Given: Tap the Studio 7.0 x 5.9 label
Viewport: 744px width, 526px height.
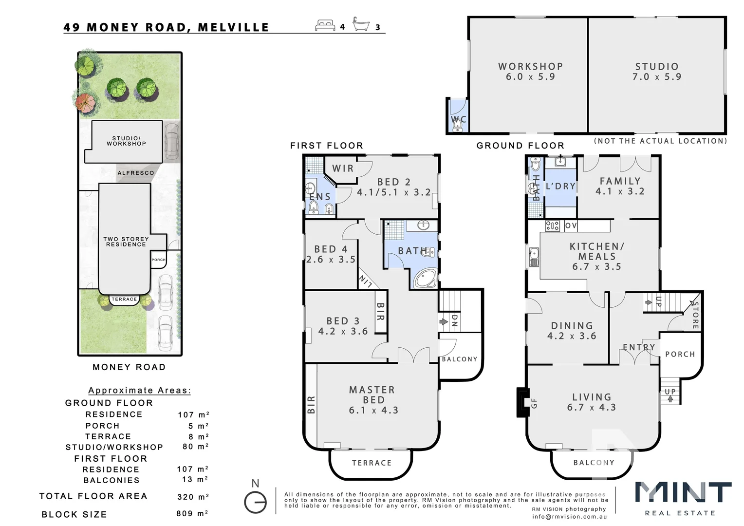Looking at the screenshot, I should point(656,71).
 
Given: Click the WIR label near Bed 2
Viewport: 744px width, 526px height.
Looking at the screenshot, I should point(343,169).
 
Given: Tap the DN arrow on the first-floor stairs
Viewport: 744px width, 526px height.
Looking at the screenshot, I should point(444,321).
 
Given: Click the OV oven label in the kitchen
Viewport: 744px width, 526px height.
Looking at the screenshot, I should point(571,225).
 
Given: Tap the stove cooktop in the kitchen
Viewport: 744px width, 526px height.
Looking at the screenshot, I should point(552,225).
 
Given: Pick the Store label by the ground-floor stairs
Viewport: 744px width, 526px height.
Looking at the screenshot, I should point(695,315).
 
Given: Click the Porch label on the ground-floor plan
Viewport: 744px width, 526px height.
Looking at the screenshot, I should point(680,354).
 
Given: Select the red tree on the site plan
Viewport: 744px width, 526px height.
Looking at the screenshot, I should point(85,103).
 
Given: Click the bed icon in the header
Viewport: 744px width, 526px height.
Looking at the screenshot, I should point(325,25).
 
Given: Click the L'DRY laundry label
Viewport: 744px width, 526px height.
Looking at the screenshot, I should point(560,186).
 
